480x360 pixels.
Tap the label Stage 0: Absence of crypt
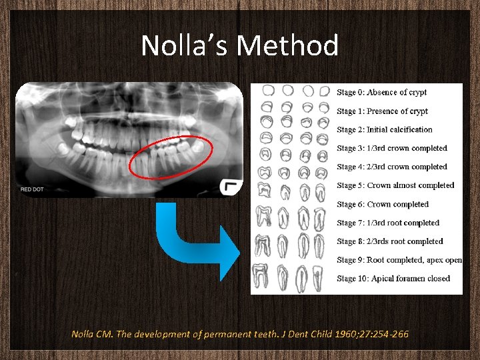click(381, 93)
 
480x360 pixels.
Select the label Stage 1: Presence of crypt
click(382, 111)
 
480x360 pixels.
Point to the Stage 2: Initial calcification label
click(384, 130)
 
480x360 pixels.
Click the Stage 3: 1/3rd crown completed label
click(391, 148)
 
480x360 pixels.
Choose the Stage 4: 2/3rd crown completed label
click(391, 167)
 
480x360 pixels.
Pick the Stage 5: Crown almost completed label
click(395, 185)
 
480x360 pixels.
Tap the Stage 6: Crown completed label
click(382, 204)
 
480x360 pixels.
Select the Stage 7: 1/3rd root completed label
click(388, 223)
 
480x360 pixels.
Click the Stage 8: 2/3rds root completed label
click(389, 241)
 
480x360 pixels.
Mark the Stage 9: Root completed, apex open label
click(399, 260)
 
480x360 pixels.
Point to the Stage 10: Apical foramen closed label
click(393, 279)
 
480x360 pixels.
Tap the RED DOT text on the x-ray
click(31, 189)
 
